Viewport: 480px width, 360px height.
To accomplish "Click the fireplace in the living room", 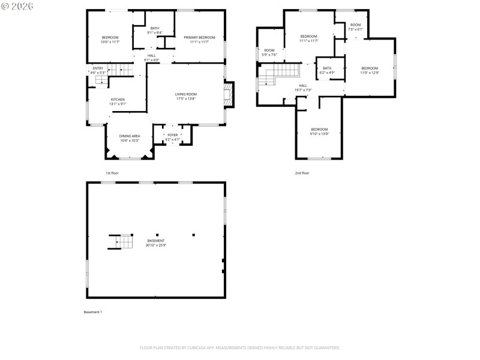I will click(227, 95).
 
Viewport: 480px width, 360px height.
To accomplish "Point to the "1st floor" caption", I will click(112, 173).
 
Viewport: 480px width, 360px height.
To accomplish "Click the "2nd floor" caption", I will click(302, 173).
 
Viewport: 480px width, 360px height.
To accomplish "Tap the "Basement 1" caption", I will click(93, 312).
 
